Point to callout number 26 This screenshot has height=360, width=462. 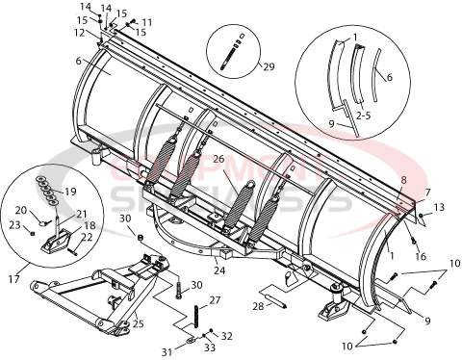[218, 160]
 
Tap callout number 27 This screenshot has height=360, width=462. [215, 301]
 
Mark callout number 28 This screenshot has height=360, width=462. [258, 306]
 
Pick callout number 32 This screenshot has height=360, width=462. [226, 335]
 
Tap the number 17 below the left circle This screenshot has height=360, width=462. [13, 280]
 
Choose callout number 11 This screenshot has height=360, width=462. [146, 21]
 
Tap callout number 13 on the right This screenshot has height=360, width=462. [439, 207]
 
